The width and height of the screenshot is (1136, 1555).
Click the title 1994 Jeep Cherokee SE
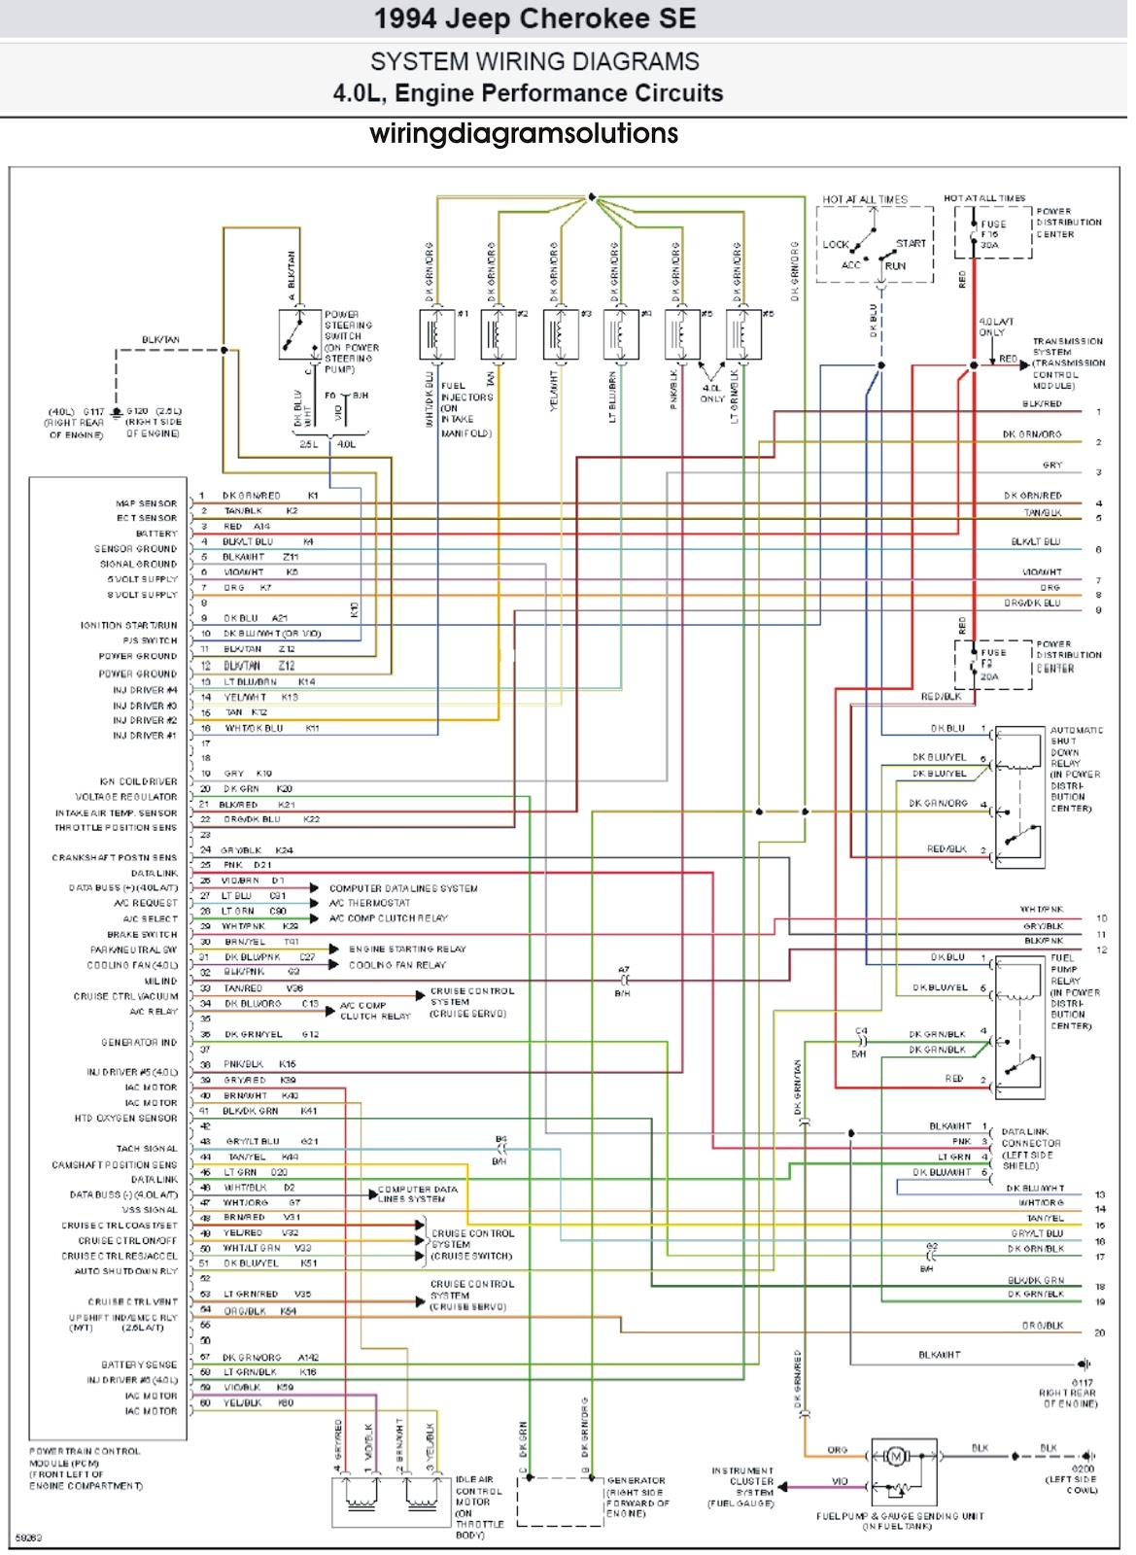click(x=534, y=18)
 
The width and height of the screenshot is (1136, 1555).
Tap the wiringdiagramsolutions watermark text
click(x=524, y=133)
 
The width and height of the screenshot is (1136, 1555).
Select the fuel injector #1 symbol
click(x=434, y=334)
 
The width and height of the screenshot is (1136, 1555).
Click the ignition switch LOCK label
click(x=836, y=244)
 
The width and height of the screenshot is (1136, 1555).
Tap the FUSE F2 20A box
click(x=991, y=665)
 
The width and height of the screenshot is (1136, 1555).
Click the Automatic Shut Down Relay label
click(x=1075, y=769)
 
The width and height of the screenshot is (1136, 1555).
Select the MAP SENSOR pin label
click(x=147, y=503)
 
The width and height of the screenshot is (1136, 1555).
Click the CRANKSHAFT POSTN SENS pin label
click(x=115, y=858)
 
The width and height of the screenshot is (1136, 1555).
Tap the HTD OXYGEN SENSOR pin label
click(x=125, y=1119)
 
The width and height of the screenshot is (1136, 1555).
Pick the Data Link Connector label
click(x=1030, y=1149)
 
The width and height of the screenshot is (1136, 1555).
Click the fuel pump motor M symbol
click(x=895, y=1456)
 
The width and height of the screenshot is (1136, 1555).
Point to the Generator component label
click(x=637, y=1497)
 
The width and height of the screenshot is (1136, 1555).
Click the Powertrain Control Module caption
click(x=86, y=1469)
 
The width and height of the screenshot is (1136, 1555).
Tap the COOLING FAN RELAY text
click(x=396, y=965)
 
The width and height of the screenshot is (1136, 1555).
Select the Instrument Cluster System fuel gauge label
click(x=742, y=1487)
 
